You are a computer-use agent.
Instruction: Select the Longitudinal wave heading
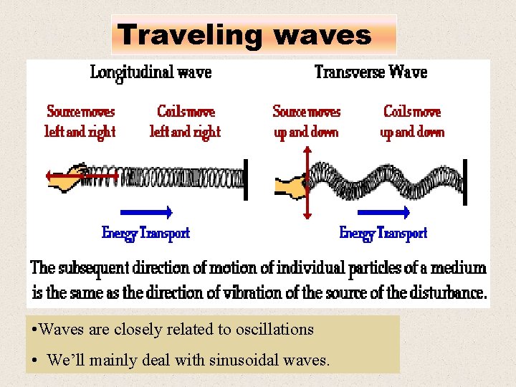pos(150,72)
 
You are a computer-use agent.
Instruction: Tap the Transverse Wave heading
pos(371,72)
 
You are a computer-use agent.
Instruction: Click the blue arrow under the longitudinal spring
pos(146,211)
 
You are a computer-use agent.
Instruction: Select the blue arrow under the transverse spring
pos(383,212)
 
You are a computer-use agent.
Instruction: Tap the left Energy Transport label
pos(145,233)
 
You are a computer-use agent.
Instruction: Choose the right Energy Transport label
pos(383,233)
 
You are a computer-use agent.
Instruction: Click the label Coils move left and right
pos(185,122)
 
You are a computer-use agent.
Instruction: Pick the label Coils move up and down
pos(412,122)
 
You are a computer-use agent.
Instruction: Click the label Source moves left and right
pos(80,122)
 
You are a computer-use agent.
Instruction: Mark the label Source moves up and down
pos(307,122)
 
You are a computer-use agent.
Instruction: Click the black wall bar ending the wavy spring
pos(465,181)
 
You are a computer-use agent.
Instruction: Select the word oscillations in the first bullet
pos(277,330)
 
